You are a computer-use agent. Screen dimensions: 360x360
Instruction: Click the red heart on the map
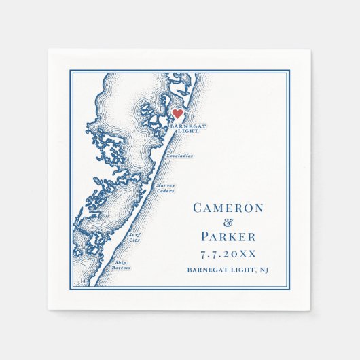(x=177, y=114)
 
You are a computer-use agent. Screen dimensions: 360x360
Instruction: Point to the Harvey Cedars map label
(x=165, y=187)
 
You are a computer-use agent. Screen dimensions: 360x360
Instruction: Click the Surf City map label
(x=134, y=238)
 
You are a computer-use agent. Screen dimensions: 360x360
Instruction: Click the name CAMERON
(x=228, y=208)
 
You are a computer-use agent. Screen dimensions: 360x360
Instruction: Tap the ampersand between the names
(x=228, y=222)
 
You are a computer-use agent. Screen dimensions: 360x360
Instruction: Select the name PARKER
(x=228, y=237)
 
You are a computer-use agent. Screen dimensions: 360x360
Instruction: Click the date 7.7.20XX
(x=228, y=254)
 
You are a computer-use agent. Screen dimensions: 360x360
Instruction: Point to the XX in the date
(x=247, y=254)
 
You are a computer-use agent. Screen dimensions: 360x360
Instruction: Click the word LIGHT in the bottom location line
(x=241, y=270)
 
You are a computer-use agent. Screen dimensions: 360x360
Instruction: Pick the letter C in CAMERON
(x=198, y=208)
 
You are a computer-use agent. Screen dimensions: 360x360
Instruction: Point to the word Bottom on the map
(x=122, y=268)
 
